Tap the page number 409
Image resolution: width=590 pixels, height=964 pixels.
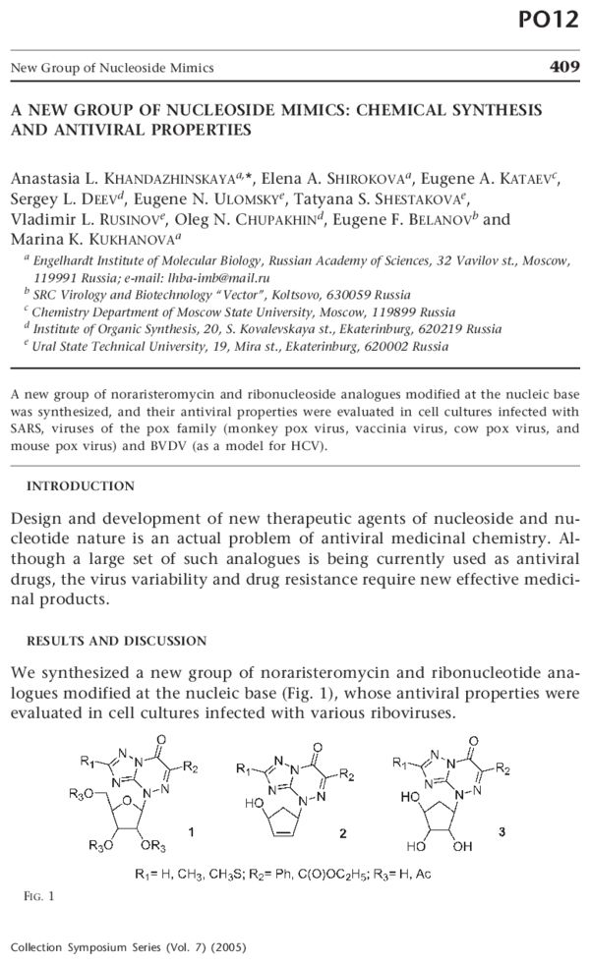tap(560, 68)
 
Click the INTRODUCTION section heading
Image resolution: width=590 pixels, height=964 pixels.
tap(81, 485)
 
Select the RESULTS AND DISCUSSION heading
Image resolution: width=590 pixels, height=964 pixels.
tap(116, 641)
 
